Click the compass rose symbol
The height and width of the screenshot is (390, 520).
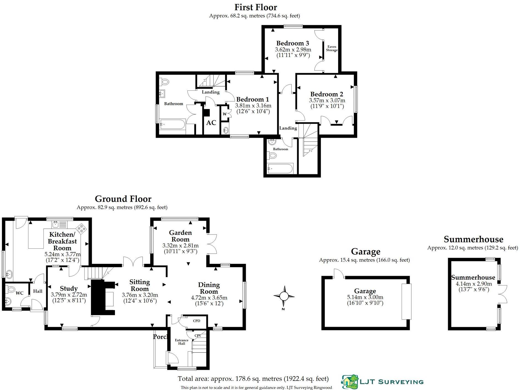(x=284, y=296)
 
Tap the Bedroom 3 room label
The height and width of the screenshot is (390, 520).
(x=292, y=43)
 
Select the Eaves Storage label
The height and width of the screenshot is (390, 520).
(x=332, y=48)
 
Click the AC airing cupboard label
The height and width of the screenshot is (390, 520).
(x=211, y=123)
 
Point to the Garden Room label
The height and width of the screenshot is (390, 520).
(x=180, y=236)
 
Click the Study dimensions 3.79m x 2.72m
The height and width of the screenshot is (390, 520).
(x=69, y=295)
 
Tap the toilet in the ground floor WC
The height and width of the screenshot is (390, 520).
(x=11, y=290)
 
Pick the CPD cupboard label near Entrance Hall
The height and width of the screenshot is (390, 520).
(x=197, y=321)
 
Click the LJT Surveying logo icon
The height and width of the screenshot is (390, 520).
(x=349, y=382)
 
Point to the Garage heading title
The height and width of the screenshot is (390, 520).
(x=365, y=251)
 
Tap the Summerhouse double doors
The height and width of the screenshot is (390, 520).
(x=504, y=294)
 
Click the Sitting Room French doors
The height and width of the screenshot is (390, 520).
(x=133, y=261)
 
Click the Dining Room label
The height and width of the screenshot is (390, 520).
(x=209, y=288)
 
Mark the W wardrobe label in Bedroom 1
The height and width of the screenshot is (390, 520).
(x=224, y=114)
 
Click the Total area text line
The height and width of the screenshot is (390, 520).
(x=253, y=379)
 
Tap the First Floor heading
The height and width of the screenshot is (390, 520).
(x=256, y=7)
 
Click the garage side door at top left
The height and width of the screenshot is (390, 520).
(x=339, y=274)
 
